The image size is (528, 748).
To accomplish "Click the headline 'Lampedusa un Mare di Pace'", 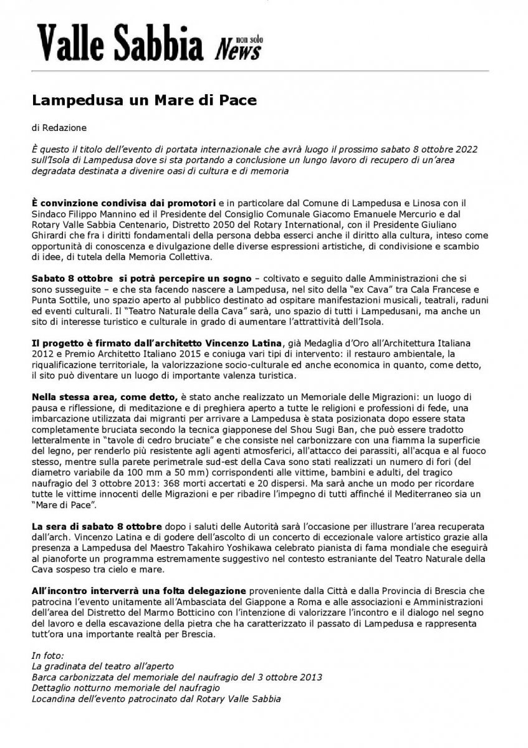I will click(145, 100).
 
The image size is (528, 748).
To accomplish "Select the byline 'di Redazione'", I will click(60, 128).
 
